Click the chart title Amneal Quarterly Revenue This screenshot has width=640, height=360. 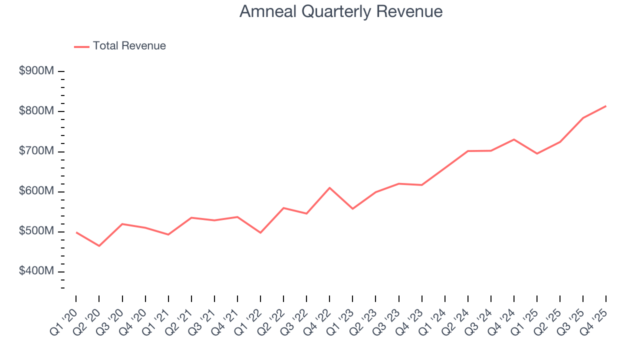(x=340, y=11)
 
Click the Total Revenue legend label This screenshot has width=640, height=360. (x=129, y=46)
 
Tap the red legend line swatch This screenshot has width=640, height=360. (x=81, y=46)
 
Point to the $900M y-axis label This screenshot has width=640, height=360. (x=36, y=71)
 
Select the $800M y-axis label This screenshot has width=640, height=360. (x=36, y=111)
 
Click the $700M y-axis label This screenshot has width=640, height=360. (x=36, y=151)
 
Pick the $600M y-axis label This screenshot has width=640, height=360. (x=36, y=191)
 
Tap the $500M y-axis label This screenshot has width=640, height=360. (x=36, y=231)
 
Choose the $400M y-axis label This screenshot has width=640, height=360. (x=36, y=271)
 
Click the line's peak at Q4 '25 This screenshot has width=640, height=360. (x=606, y=106)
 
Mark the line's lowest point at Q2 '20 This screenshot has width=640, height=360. (x=99, y=245)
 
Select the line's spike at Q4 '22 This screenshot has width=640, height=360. (x=329, y=187)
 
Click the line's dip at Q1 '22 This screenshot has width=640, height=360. (x=260, y=232)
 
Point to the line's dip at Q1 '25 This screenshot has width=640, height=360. (x=537, y=153)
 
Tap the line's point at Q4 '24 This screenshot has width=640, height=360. (x=514, y=139)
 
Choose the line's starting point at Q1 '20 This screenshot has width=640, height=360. (x=76, y=232)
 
